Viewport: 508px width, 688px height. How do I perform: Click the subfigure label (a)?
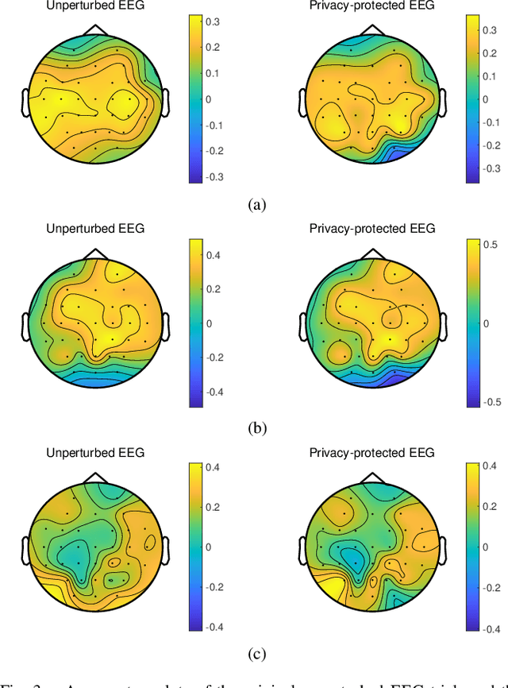pyautogui.click(x=255, y=205)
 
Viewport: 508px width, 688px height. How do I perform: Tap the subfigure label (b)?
pyautogui.click(x=255, y=428)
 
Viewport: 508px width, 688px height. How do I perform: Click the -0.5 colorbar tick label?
pyautogui.click(x=492, y=402)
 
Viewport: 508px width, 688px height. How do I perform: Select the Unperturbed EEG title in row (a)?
pyautogui.click(x=95, y=6)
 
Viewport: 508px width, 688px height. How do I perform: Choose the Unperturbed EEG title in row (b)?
pyautogui.click(x=95, y=230)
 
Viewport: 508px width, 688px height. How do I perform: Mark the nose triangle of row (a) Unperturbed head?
pyautogui.click(x=96, y=29)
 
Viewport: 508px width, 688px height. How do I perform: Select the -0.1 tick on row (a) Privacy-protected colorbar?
pyautogui.click(x=494, y=122)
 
